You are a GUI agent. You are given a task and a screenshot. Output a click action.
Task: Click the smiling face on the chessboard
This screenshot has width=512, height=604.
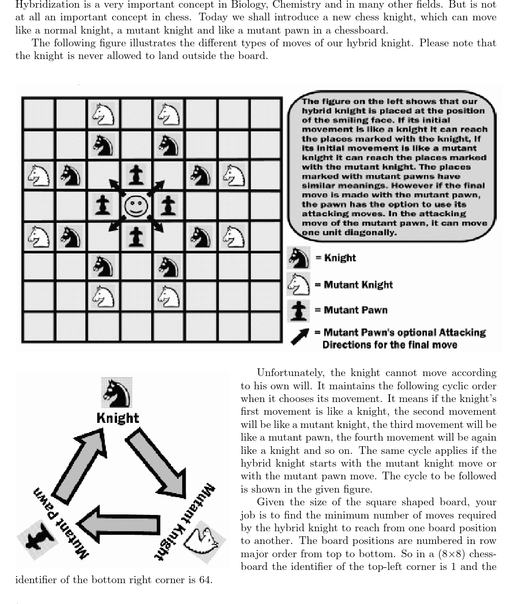[136, 206]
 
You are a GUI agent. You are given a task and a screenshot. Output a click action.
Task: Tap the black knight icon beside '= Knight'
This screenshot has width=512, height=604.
[300, 258]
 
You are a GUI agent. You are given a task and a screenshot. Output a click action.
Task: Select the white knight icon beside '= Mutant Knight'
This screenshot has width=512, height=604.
[300, 284]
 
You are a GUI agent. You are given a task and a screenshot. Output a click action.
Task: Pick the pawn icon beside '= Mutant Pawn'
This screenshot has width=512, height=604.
[300, 310]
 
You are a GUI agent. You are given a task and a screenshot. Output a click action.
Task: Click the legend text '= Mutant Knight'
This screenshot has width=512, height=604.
[354, 284]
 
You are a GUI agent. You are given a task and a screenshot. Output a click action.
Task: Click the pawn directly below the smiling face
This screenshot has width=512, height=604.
[136, 237]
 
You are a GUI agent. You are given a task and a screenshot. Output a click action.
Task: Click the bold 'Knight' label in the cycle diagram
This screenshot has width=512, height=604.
[118, 418]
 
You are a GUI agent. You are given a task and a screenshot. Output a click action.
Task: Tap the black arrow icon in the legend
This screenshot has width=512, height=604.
[300, 336]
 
